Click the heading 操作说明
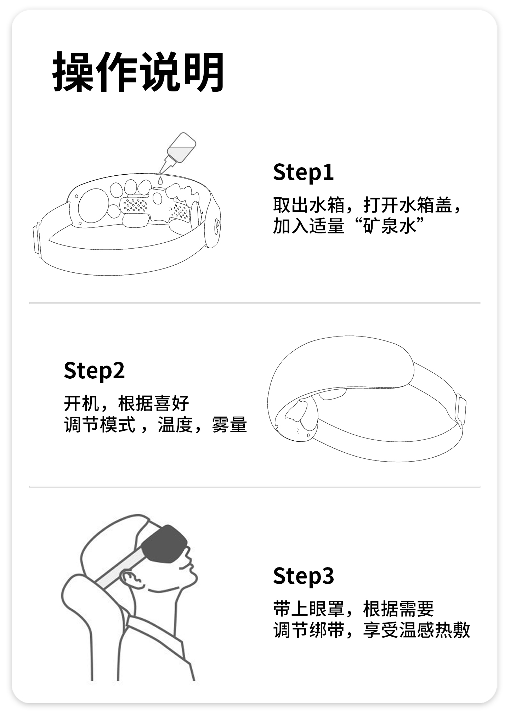click(x=138, y=72)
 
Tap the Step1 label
click(x=304, y=172)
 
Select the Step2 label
click(x=94, y=371)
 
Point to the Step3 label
click(x=304, y=576)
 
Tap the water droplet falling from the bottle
click(x=160, y=180)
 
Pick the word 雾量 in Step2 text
click(x=229, y=425)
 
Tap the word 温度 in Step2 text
click(x=175, y=425)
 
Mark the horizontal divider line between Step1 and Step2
click(x=255, y=303)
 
